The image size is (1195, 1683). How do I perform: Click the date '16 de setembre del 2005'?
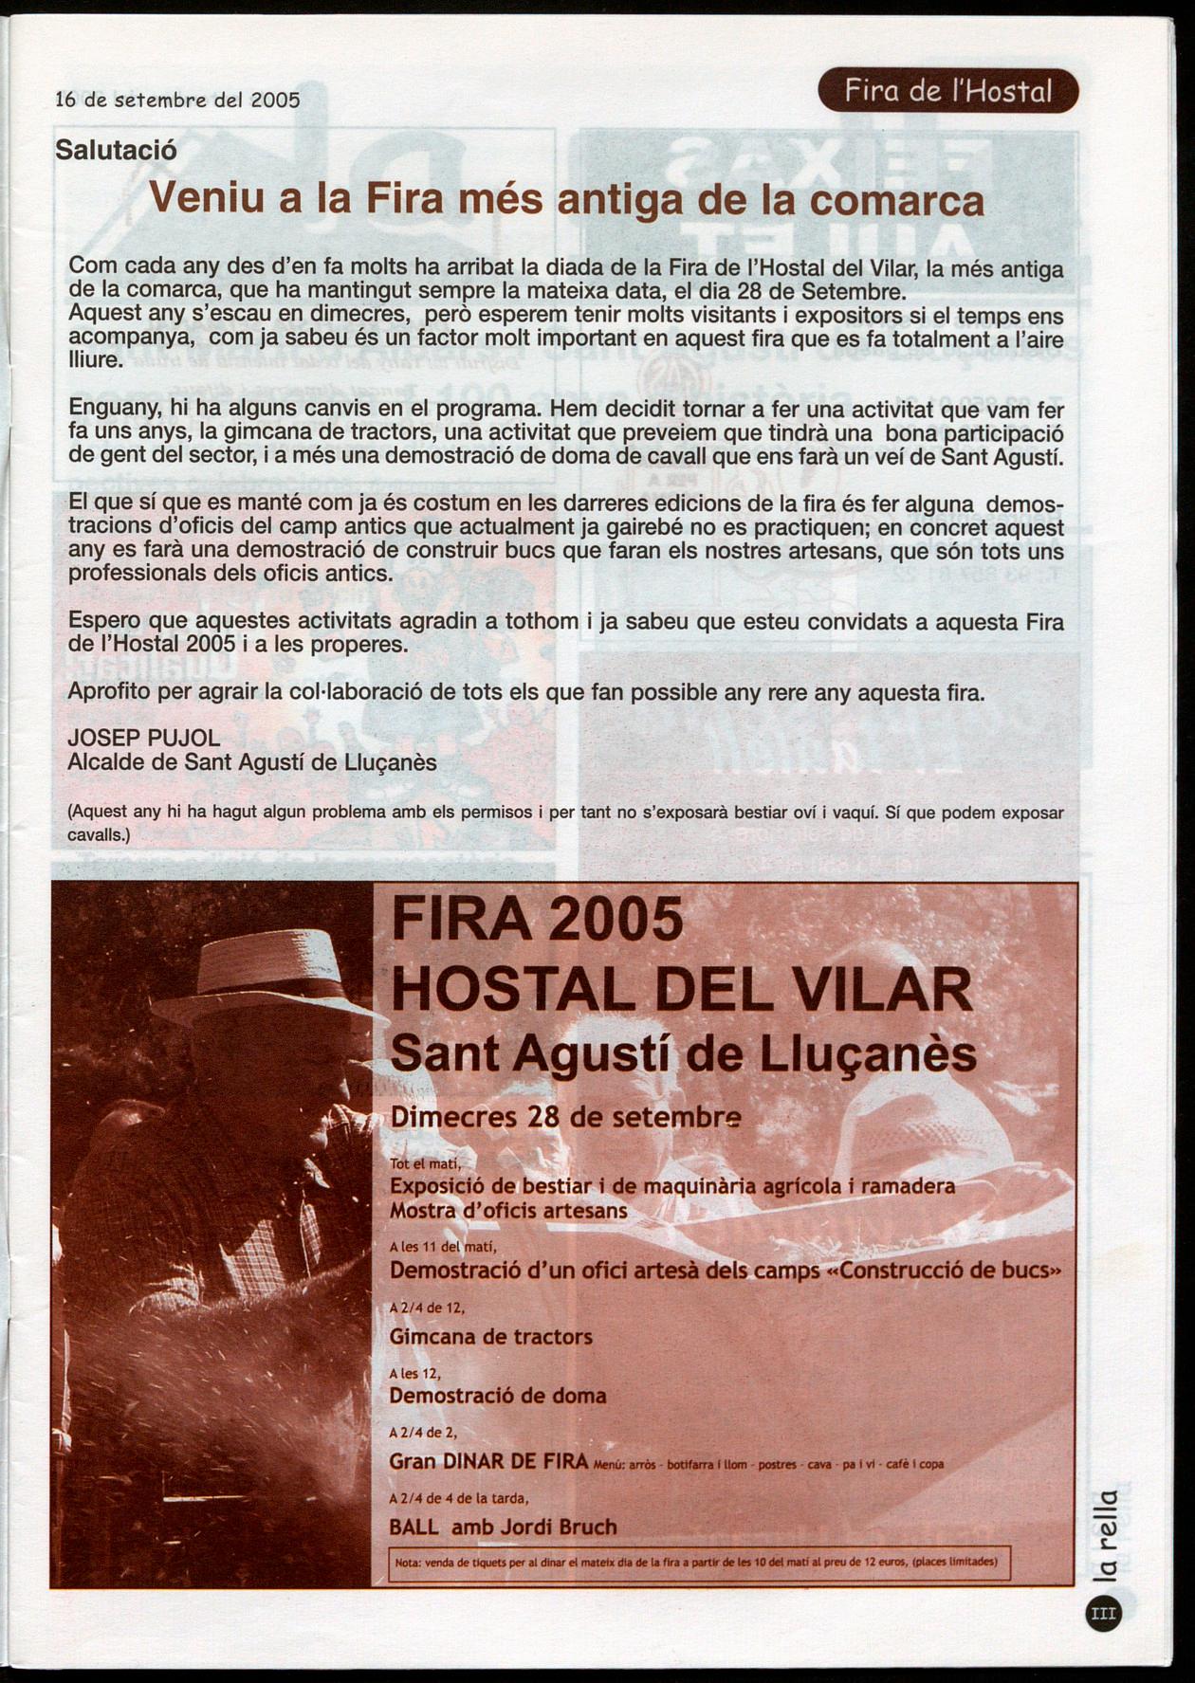(x=178, y=99)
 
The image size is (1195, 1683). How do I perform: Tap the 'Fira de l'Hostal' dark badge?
(x=947, y=92)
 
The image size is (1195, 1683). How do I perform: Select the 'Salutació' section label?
(x=116, y=149)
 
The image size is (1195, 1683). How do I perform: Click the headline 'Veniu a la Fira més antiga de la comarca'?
(x=566, y=199)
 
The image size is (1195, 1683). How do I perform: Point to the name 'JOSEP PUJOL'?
(x=144, y=739)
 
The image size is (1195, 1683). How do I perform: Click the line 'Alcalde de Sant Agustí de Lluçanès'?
(x=252, y=762)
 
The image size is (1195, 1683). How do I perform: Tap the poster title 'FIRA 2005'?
(x=536, y=919)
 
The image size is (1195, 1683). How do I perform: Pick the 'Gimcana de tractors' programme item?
(x=490, y=1337)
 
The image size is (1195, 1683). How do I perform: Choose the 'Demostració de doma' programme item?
(x=497, y=1396)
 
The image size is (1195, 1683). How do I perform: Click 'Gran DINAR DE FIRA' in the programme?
(x=488, y=1461)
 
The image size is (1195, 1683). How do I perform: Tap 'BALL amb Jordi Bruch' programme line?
(x=503, y=1527)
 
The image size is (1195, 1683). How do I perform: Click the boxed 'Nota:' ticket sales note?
(x=699, y=1562)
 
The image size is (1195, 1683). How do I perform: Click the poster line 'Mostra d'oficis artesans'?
(x=508, y=1211)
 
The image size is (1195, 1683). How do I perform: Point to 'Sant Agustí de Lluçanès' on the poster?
(x=683, y=1054)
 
